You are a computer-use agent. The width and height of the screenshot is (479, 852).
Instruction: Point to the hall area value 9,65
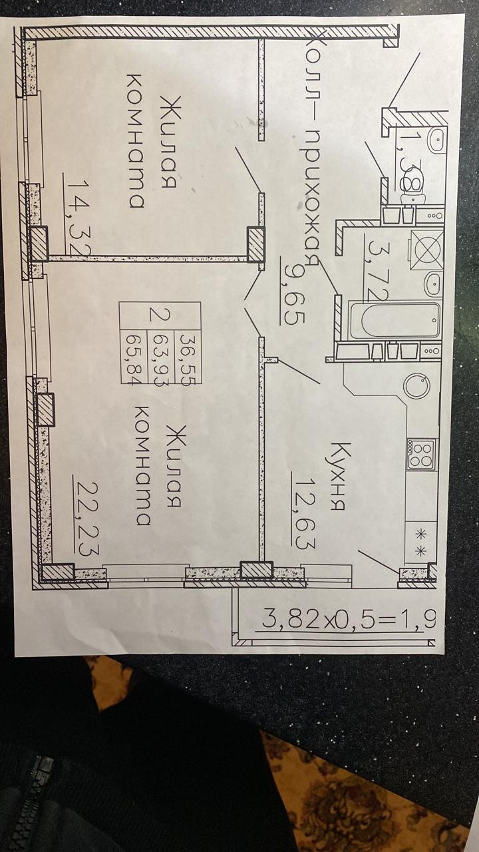293,293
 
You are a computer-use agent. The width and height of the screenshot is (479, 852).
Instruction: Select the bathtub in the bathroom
395,321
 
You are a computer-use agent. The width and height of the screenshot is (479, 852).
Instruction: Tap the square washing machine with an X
426,249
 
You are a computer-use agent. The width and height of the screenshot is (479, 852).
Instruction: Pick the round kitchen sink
417,385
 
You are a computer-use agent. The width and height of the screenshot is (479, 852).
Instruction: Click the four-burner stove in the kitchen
422,454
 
